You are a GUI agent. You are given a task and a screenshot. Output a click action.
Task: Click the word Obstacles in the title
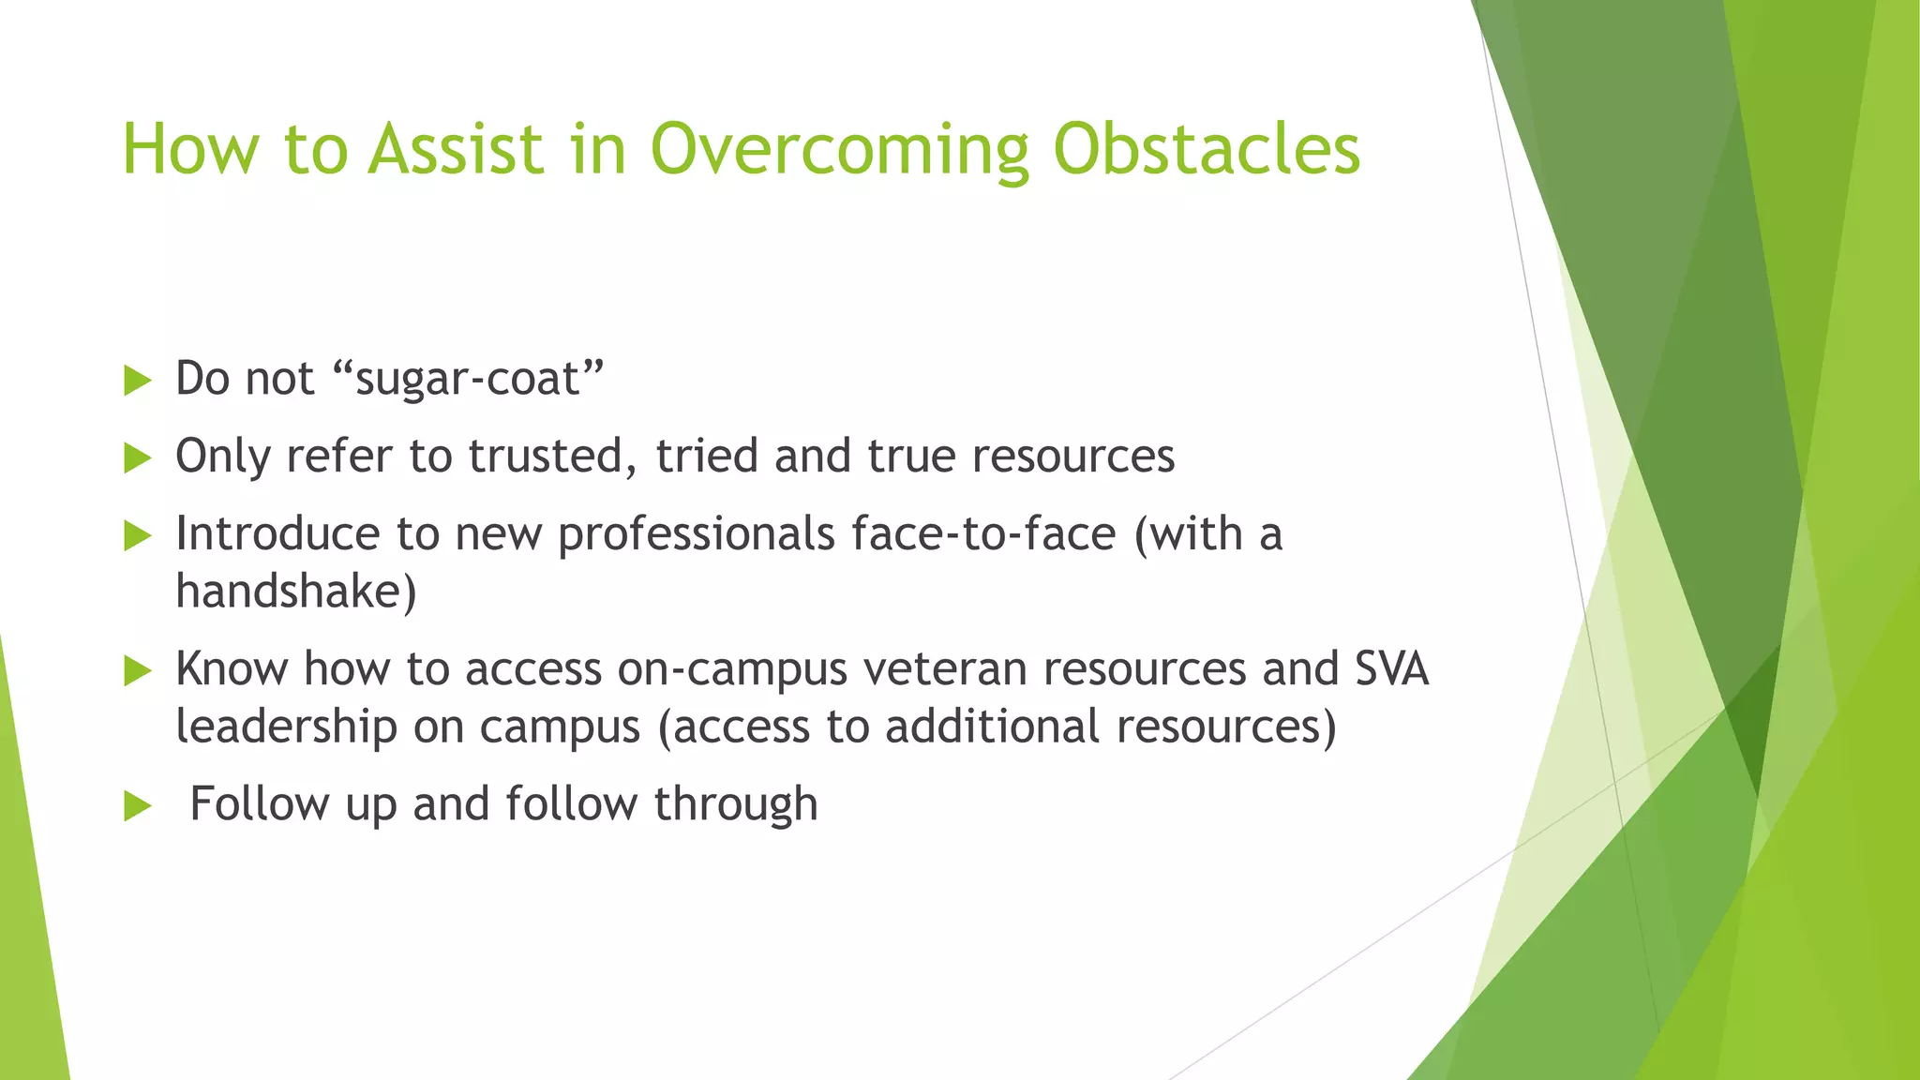pos(1206,150)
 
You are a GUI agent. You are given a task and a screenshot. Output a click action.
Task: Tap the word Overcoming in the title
pos(839,150)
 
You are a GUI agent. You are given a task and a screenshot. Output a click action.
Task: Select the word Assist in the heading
pos(456,150)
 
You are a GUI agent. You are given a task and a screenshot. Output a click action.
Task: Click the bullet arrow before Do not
pos(137,381)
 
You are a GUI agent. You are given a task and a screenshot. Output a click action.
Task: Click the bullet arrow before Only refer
pos(137,458)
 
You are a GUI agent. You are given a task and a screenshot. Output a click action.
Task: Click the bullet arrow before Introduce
pos(137,536)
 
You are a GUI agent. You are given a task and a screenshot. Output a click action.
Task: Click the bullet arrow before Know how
pos(137,671)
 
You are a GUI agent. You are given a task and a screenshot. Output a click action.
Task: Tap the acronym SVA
pos(1392,669)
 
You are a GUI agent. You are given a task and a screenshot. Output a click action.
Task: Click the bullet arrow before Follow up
pos(137,805)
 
